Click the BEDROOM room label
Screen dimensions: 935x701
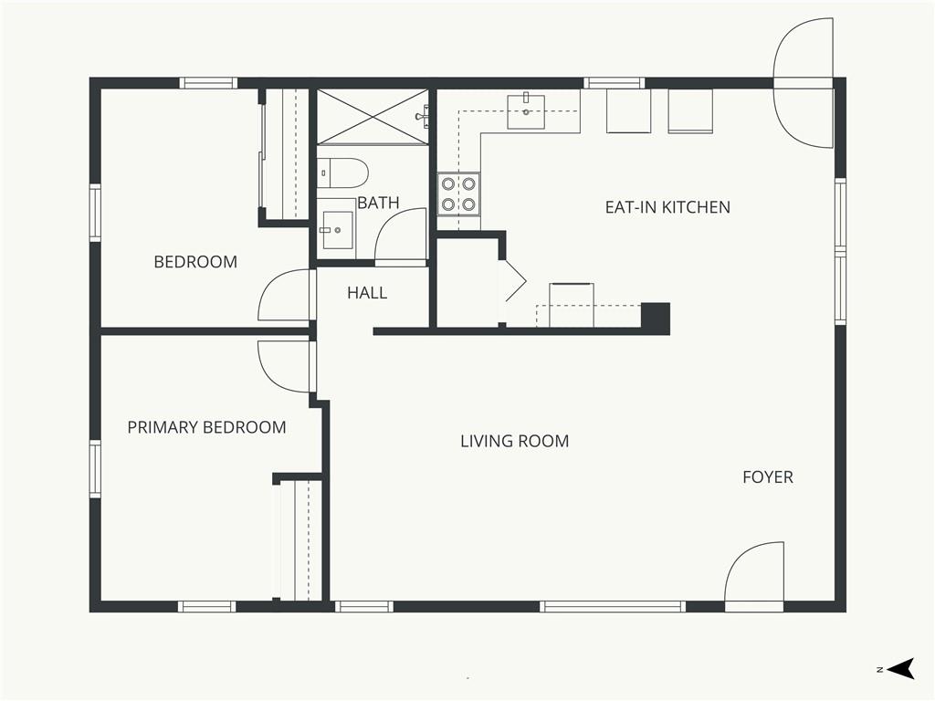(x=195, y=262)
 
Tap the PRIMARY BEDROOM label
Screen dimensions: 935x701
(x=207, y=427)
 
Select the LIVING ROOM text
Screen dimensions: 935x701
(x=515, y=441)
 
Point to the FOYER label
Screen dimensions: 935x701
(x=768, y=476)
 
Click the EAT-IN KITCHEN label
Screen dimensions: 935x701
(x=667, y=207)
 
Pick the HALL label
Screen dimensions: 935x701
(x=367, y=293)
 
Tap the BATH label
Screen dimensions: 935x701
(x=378, y=203)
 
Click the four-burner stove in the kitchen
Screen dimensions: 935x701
(x=458, y=194)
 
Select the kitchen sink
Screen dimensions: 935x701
(x=526, y=111)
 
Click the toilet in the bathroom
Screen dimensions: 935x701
(x=341, y=173)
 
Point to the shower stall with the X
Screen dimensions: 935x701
(x=373, y=117)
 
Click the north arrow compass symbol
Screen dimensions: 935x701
(x=901, y=668)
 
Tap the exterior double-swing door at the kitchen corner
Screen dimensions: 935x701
(x=803, y=83)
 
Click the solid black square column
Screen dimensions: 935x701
(x=656, y=318)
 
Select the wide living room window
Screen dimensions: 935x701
(x=613, y=607)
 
